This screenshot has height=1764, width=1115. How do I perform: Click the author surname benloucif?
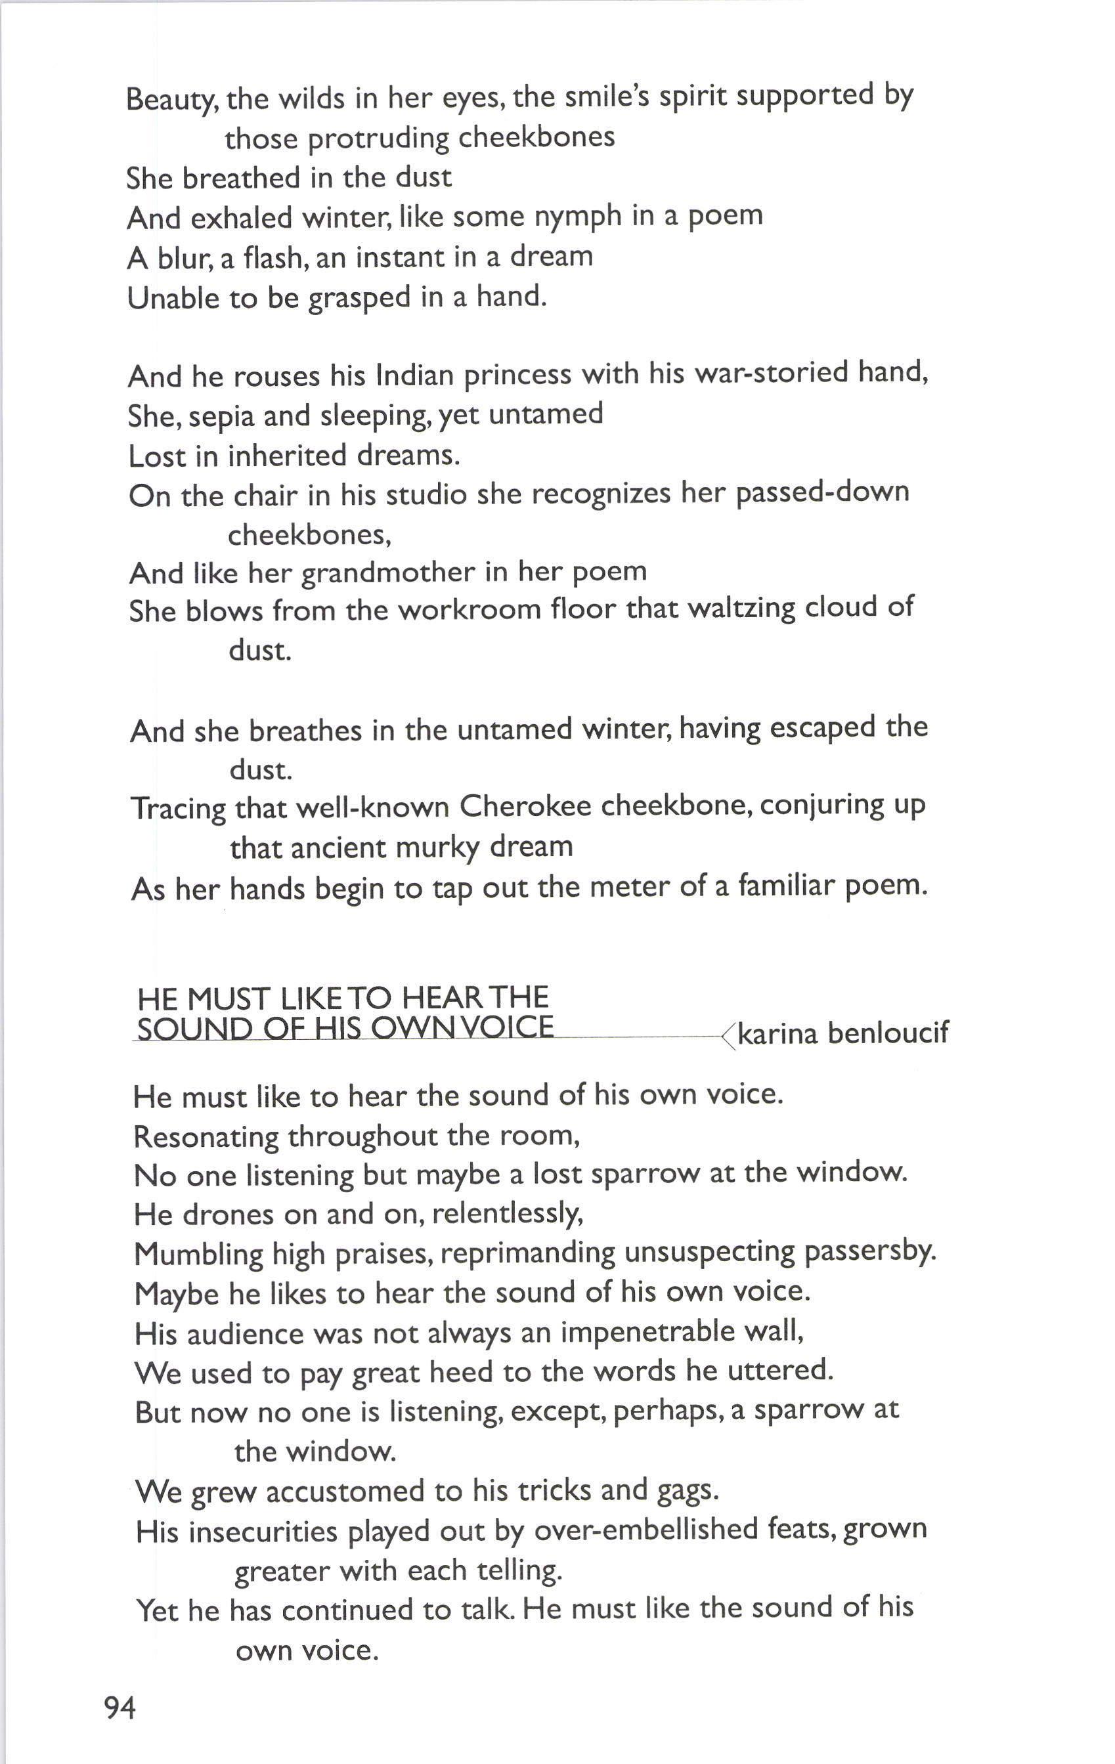pyautogui.click(x=887, y=1033)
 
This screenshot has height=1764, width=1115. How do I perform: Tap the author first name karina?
pyautogui.click(x=777, y=1033)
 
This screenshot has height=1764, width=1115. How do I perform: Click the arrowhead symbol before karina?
pyautogui.click(x=728, y=1036)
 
